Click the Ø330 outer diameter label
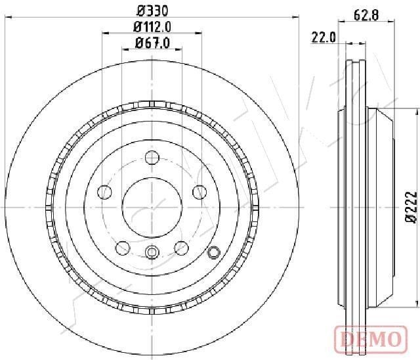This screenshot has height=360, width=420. pyautogui.click(x=153, y=11)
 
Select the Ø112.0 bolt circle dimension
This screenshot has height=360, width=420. pyautogui.click(x=152, y=27)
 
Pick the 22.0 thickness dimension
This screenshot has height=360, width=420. pyautogui.click(x=324, y=37)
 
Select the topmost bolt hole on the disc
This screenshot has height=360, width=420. pyautogui.click(x=152, y=157)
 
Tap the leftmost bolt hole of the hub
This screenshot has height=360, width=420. pyautogui.click(x=104, y=192)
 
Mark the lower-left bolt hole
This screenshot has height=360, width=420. pyautogui.click(x=122, y=248)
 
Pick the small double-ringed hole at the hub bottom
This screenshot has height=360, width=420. pyautogui.click(x=152, y=252)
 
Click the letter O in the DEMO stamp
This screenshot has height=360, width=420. pyautogui.click(x=392, y=339)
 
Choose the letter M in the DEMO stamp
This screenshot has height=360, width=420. pyautogui.click(x=377, y=339)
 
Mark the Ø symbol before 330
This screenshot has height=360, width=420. pyautogui.click(x=140, y=11)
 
